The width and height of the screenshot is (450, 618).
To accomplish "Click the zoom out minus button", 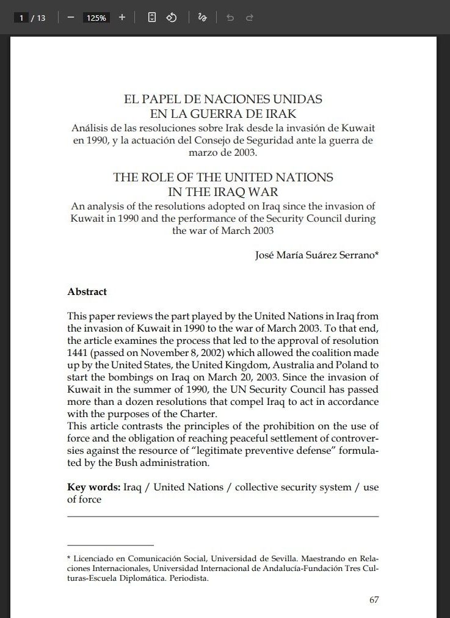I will coord(71,18).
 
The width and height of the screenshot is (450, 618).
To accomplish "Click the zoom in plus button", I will coord(122,18).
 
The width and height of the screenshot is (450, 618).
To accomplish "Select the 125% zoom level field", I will coord(96,18).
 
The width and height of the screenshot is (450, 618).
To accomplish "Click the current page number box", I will coord(22,18).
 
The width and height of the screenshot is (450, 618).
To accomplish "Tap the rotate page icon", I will coord(172,18).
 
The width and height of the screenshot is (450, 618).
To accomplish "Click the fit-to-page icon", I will coord(152,18).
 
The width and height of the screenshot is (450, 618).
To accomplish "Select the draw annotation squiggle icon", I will coord(203,18).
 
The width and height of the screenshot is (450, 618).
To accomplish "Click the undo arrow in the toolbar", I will coord(230,18).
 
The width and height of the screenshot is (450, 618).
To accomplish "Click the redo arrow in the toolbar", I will coord(249,18).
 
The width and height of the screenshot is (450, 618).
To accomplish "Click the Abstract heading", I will coord(87,292).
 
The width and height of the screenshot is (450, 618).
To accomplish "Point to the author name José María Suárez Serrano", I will coord(316,256).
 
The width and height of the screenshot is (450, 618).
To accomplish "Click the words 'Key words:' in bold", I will coord(93,487).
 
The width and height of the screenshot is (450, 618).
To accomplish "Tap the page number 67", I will coord(374,600).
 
